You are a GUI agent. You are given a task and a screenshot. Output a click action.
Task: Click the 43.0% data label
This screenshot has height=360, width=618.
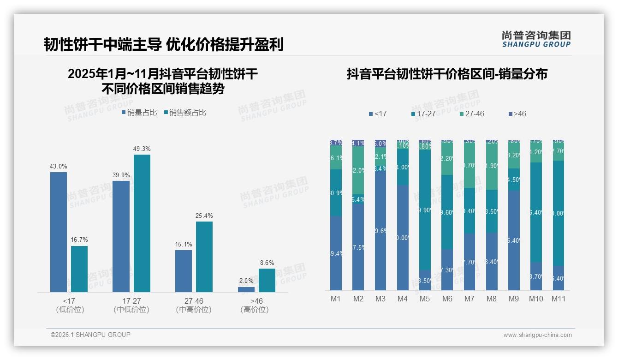click(x=59, y=166)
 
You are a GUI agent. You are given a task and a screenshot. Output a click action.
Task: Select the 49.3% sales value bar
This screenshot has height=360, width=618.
click(x=142, y=223)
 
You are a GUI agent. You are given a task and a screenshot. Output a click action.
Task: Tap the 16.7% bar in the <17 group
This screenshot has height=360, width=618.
click(x=79, y=269)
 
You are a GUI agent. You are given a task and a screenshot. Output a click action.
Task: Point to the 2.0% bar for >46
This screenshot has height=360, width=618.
click(x=246, y=289)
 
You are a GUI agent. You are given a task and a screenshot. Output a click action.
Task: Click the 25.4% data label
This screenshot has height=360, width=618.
click(x=204, y=216)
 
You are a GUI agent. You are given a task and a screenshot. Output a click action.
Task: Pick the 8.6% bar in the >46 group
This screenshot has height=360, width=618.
click(x=267, y=280)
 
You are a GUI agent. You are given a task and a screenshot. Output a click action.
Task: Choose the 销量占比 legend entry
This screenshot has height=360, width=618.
click(x=139, y=113)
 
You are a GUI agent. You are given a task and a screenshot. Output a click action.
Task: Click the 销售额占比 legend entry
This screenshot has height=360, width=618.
click(x=185, y=113)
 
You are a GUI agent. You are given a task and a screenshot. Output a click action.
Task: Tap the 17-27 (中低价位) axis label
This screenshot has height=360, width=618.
click(x=131, y=305)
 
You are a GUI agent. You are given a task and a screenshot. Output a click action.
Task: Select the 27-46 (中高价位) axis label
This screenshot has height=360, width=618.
click(x=194, y=305)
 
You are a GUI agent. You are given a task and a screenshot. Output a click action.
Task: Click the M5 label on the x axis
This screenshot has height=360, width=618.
click(x=425, y=299)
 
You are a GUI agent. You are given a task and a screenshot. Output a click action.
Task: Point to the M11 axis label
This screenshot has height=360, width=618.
click(x=559, y=299)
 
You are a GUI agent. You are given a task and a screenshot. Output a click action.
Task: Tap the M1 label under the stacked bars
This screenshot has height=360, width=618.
click(x=336, y=299)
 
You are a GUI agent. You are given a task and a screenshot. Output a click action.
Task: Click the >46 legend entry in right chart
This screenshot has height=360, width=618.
click(x=517, y=114)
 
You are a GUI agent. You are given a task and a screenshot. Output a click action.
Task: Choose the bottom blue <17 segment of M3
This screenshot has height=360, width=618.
click(x=380, y=231)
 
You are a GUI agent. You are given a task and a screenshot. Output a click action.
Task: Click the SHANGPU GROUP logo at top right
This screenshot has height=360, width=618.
click(x=536, y=39)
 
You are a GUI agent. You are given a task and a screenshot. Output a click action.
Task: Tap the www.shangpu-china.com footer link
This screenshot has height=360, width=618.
click(x=537, y=335)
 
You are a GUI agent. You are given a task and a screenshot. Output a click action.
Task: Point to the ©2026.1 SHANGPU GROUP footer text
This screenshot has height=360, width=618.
click(x=90, y=335)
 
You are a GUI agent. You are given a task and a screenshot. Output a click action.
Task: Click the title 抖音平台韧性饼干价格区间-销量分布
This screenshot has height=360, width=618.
click(x=447, y=74)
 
